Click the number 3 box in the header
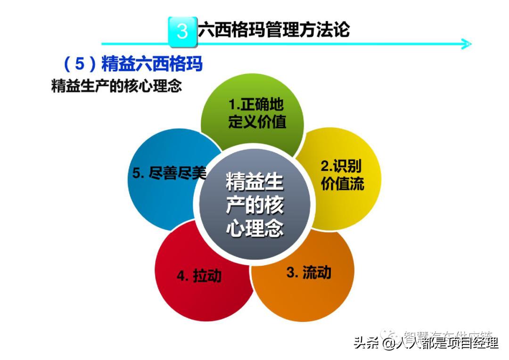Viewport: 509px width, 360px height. (182, 31)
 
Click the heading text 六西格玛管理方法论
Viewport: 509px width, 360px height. (274, 29)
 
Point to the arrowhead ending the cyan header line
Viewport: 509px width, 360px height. (467, 45)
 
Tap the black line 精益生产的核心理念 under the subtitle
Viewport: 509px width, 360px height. (116, 87)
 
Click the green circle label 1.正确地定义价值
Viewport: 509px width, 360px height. (257, 114)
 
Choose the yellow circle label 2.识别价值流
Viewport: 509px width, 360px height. (342, 175)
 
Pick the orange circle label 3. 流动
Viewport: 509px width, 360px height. (309, 272)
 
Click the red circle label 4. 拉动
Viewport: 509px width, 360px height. (199, 276)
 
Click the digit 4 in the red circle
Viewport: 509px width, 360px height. (181, 276)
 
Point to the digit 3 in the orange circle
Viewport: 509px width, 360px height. (291, 272)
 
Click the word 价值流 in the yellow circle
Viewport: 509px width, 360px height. (342, 184)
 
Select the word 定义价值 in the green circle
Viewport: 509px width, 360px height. (257, 122)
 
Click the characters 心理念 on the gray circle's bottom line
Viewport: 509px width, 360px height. (254, 229)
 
